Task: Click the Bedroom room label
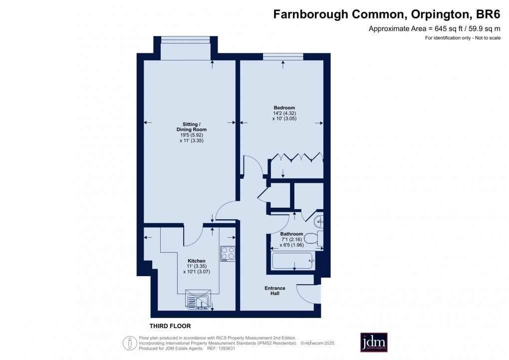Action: [284, 108]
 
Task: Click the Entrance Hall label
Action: [275, 291]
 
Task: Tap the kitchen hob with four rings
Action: [228, 254]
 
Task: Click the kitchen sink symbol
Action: [198, 300]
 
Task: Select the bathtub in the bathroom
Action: [292, 260]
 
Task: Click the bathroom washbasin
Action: [320, 220]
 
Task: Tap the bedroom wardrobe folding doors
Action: [296, 158]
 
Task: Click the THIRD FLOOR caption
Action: [170, 326]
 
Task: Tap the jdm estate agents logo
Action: [374, 343]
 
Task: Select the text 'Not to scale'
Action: [487, 38]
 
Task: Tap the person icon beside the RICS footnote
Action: [130, 343]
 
